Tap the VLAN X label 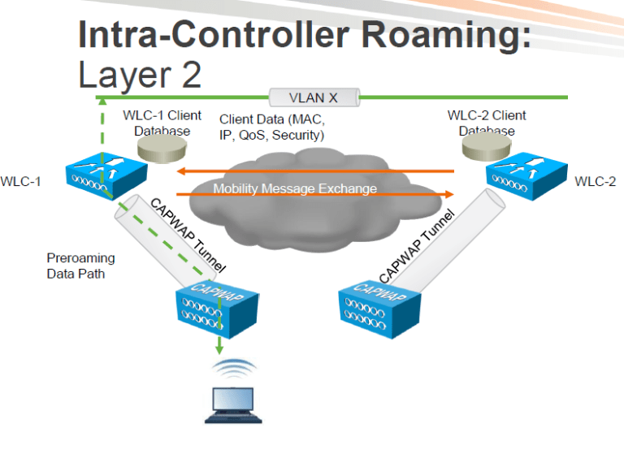tap(314, 97)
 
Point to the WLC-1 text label tap(21, 181)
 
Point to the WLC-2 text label tap(595, 181)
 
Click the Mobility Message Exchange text tap(295, 188)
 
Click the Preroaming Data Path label tap(80, 266)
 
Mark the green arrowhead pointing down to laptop tap(219, 348)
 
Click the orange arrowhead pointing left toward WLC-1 tap(183, 171)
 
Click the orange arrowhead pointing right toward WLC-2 tap(448, 194)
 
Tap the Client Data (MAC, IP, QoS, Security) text tap(272, 127)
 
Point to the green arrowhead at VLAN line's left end tap(101, 101)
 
